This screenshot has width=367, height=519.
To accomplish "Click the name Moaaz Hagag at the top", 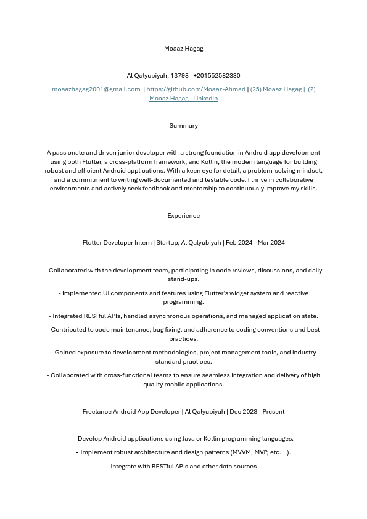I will (183, 49).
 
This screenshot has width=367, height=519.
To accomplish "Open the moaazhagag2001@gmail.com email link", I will (96, 89).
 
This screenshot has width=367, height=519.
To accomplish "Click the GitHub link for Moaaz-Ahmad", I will (196, 89).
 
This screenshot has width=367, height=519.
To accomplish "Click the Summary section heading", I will (183, 126).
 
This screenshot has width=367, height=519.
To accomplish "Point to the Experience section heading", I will (183, 216).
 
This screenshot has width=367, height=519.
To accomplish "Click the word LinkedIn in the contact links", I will (205, 99).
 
